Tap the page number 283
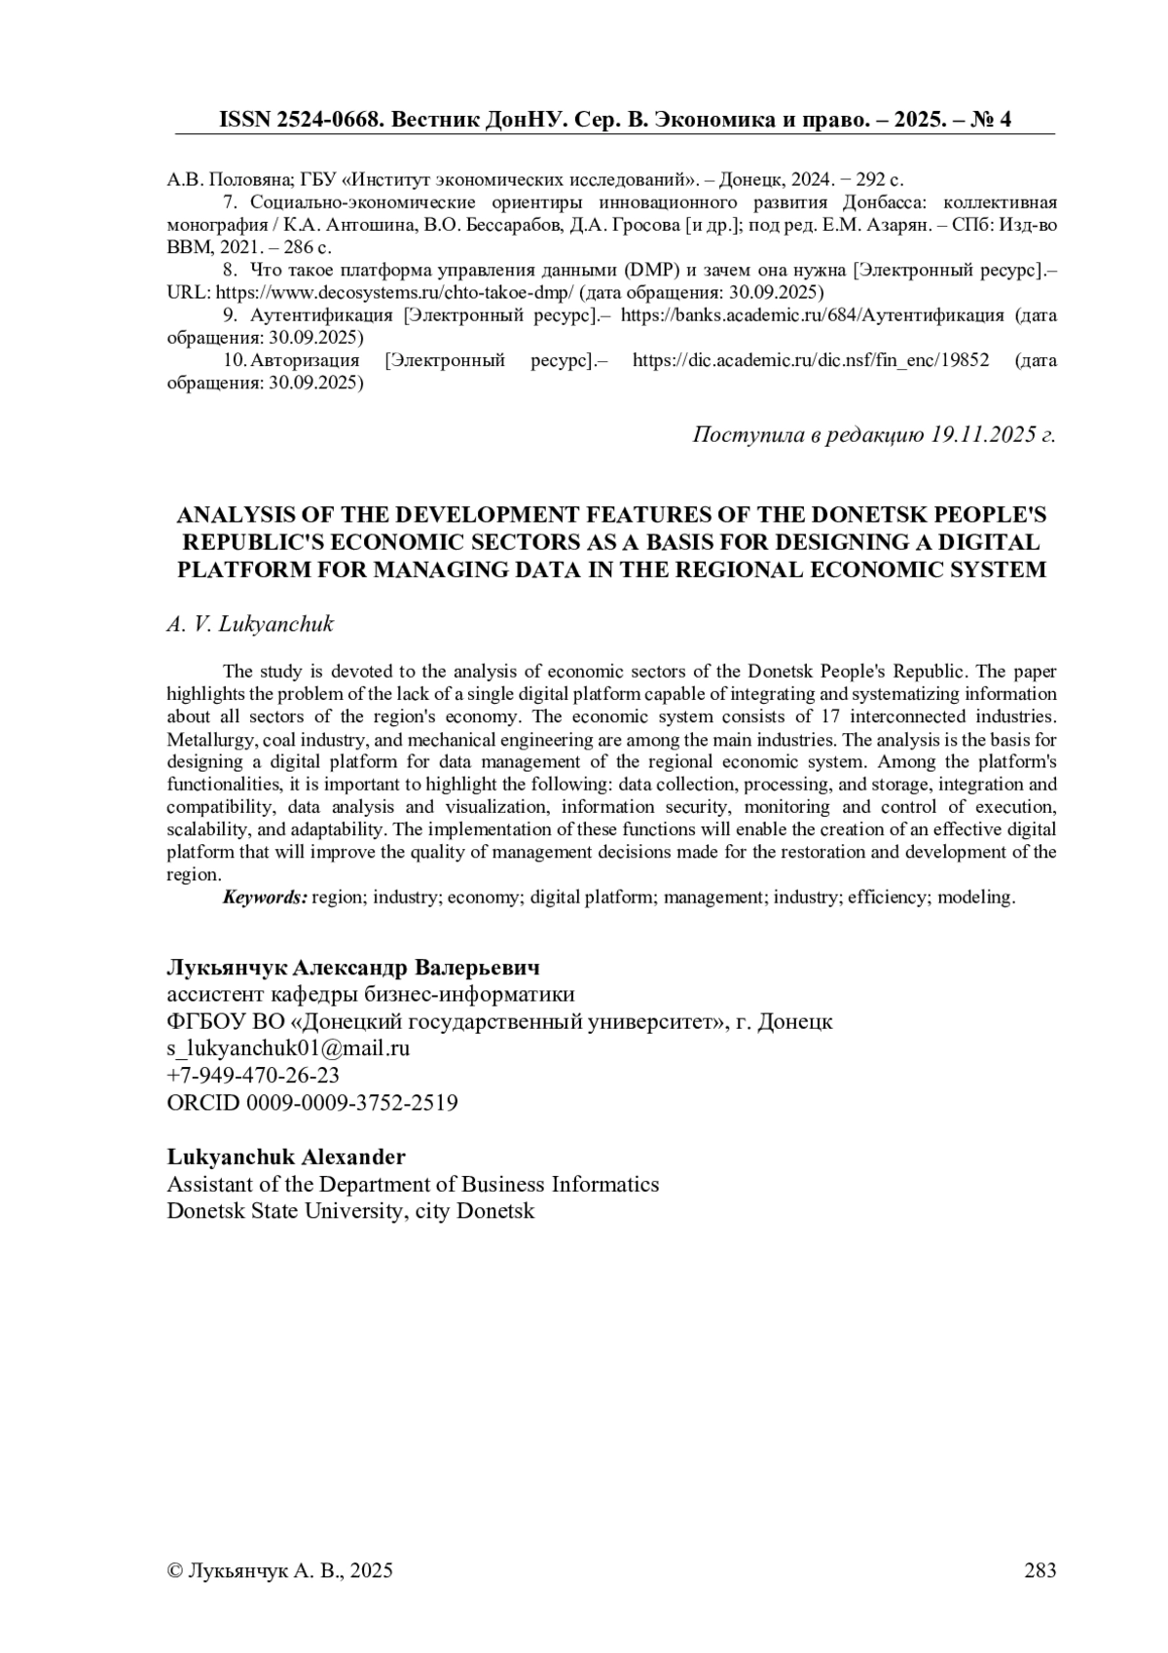(1040, 1569)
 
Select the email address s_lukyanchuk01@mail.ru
(288, 1048)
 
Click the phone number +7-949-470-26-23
(253, 1075)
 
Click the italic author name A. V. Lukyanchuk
(250, 624)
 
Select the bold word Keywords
(265, 898)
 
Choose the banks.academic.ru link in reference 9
(812, 315)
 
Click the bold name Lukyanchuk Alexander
(286, 1157)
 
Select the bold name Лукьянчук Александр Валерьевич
(353, 968)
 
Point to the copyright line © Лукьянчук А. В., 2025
(280, 1569)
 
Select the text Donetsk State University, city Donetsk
(350, 1211)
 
